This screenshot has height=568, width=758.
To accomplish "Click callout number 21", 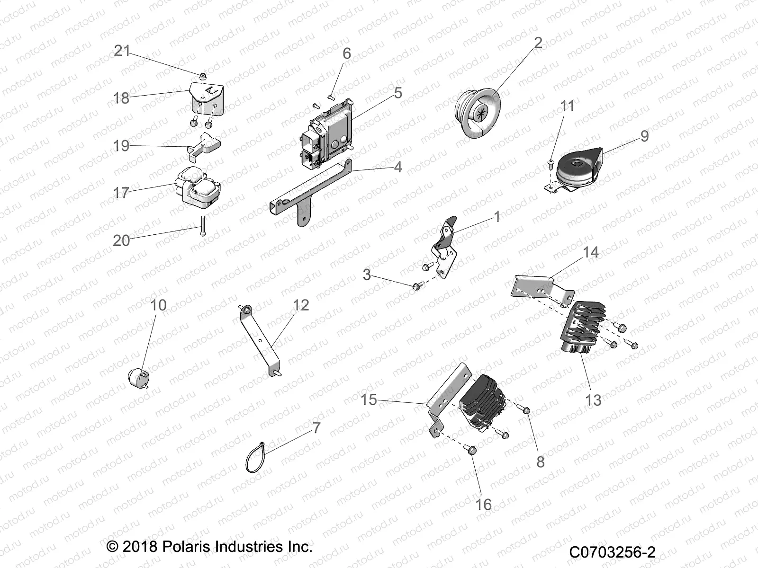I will [122, 51].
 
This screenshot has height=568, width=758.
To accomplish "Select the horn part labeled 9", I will [578, 171].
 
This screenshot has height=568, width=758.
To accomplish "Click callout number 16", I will [484, 505].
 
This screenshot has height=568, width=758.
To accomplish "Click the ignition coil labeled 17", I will [197, 187].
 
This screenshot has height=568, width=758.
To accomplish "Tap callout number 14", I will [590, 252].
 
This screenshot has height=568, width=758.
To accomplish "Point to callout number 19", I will [122, 145].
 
